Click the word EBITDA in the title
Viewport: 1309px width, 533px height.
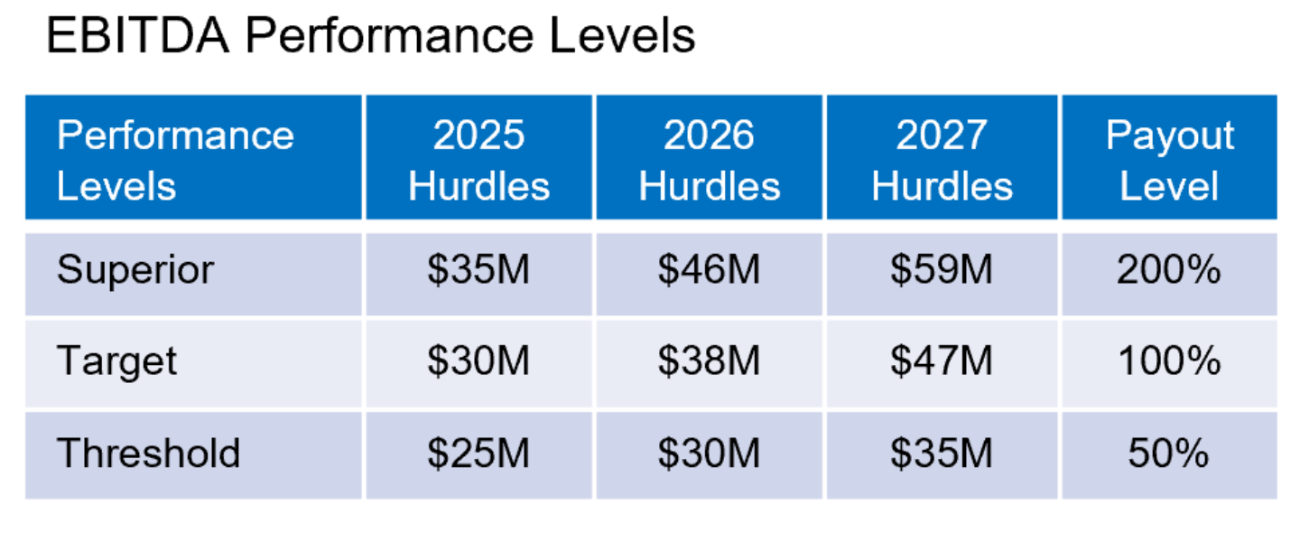point(138,36)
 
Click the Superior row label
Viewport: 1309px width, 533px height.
point(135,270)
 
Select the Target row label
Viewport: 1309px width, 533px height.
point(116,361)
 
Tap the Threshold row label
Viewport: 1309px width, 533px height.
point(148,453)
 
